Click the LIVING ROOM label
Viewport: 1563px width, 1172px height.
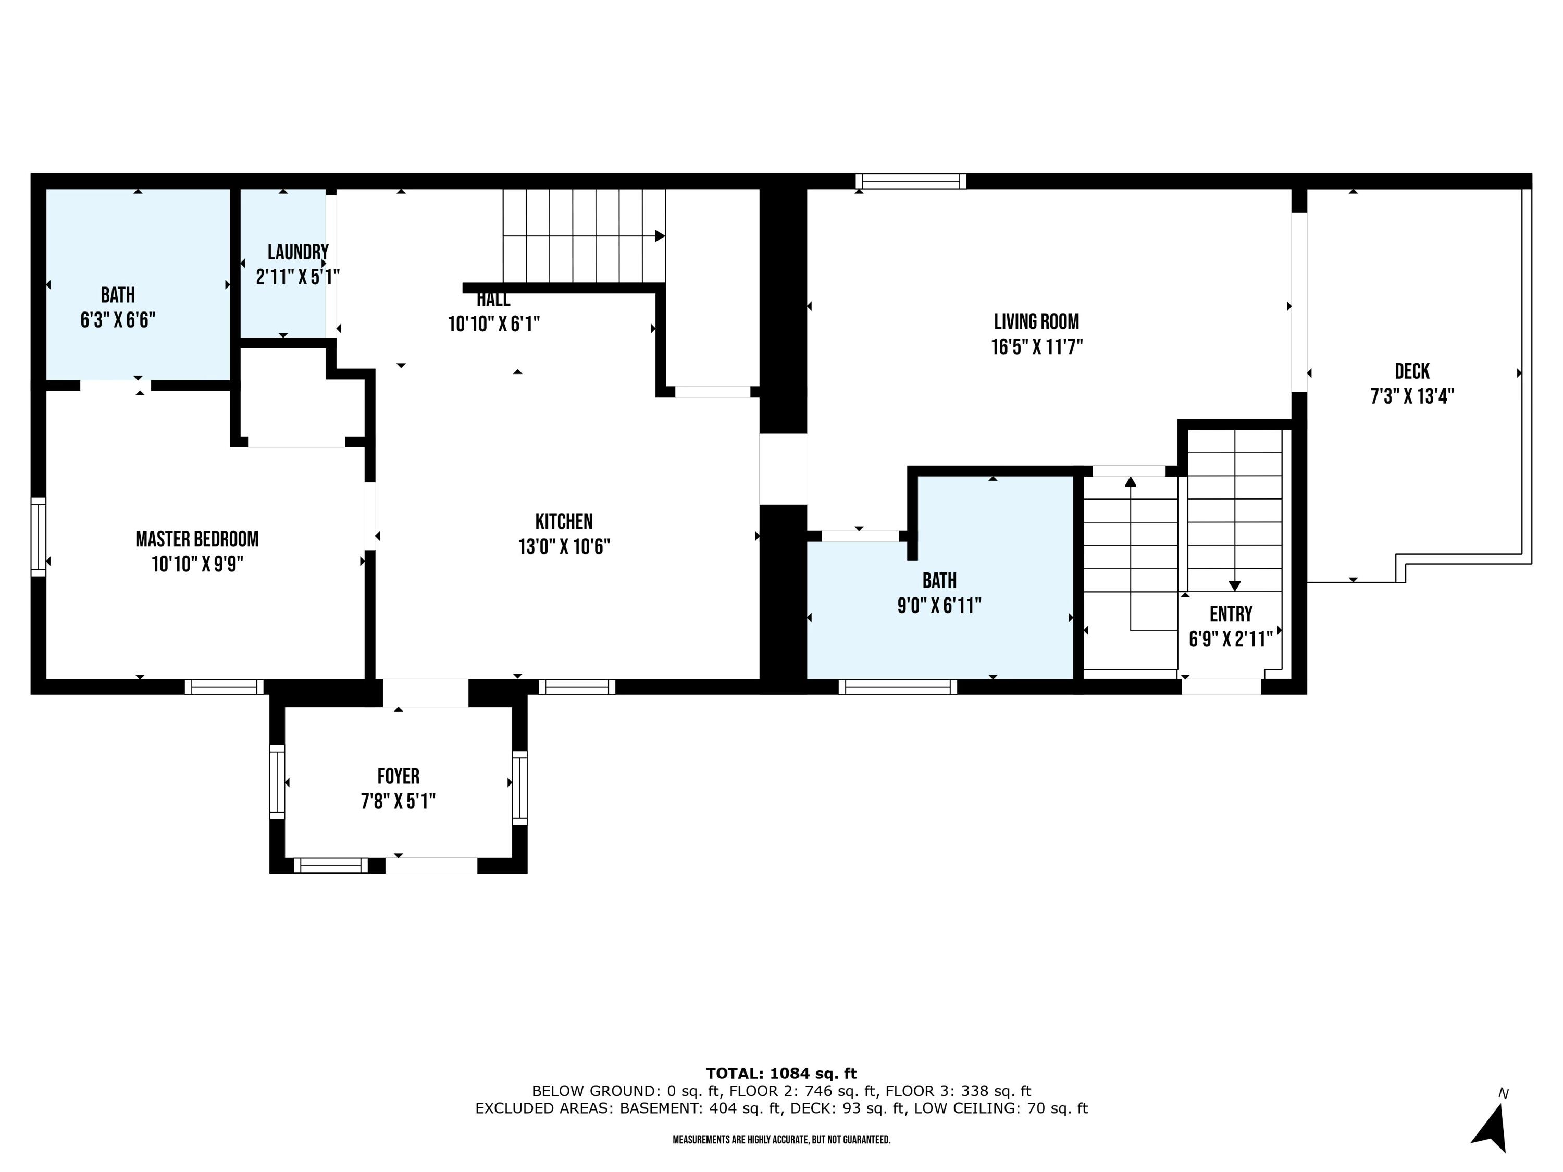point(1036,321)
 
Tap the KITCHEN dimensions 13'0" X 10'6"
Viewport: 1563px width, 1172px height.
point(564,547)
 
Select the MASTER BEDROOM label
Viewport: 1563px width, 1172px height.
point(196,539)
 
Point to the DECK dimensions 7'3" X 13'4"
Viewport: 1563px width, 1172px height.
point(1412,396)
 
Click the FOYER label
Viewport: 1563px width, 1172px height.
point(398,777)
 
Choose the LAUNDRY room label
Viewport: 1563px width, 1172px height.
point(297,252)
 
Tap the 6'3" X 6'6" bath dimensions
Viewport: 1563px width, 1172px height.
point(117,320)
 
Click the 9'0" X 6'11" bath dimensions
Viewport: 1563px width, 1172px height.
point(939,605)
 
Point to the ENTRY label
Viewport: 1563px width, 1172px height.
point(1230,614)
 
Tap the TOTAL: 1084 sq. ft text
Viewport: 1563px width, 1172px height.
point(781,1074)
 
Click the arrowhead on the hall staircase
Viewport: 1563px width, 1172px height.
point(659,236)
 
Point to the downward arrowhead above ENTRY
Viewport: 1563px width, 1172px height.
point(1234,585)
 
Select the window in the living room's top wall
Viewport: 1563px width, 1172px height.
point(911,182)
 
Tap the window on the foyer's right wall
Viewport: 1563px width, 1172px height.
point(519,788)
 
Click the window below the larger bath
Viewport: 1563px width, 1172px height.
point(897,687)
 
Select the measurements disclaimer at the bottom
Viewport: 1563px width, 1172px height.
point(781,1140)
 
